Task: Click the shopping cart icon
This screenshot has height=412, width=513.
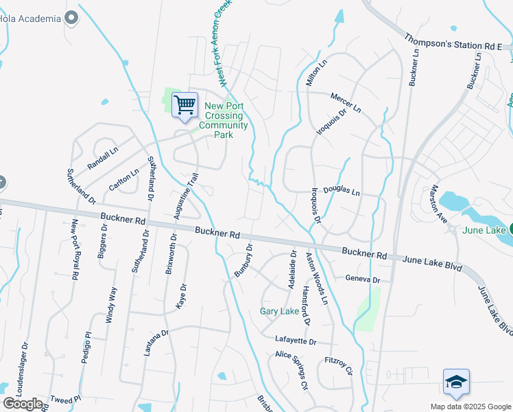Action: tap(184, 106)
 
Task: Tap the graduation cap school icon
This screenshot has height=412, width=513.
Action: tap(456, 382)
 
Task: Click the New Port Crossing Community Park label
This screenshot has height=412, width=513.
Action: tap(223, 120)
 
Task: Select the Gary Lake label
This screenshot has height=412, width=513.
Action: tap(279, 311)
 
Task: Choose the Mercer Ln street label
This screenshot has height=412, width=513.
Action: tap(346, 103)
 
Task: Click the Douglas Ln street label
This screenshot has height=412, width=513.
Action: tap(342, 193)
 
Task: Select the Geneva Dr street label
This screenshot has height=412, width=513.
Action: tap(363, 279)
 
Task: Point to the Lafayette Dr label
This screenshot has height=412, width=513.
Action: tap(296, 341)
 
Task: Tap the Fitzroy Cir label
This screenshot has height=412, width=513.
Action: tap(338, 365)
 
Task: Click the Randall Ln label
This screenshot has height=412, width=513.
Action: tap(103, 159)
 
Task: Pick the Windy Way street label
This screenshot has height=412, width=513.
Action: tap(111, 306)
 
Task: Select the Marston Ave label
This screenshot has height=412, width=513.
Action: tap(438, 204)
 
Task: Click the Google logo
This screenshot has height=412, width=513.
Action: tap(23, 403)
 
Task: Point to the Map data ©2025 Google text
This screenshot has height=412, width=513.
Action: tap(470, 407)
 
